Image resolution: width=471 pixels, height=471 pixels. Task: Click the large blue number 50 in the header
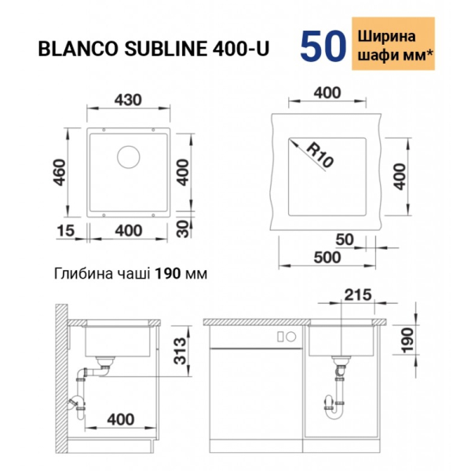(x=323, y=46)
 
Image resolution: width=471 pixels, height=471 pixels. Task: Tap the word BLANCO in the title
(x=78, y=49)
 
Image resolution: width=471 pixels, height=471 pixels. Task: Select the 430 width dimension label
(x=128, y=100)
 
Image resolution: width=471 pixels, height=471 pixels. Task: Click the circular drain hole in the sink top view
(x=129, y=157)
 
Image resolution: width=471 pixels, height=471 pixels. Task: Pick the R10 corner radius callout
(x=320, y=154)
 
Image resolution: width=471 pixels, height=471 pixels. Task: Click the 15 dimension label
(x=66, y=231)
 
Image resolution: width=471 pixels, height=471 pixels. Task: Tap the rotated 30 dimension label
(x=182, y=229)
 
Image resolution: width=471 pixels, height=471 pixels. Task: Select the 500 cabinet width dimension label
(x=327, y=257)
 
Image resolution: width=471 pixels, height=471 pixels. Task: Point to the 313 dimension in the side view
(x=181, y=351)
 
